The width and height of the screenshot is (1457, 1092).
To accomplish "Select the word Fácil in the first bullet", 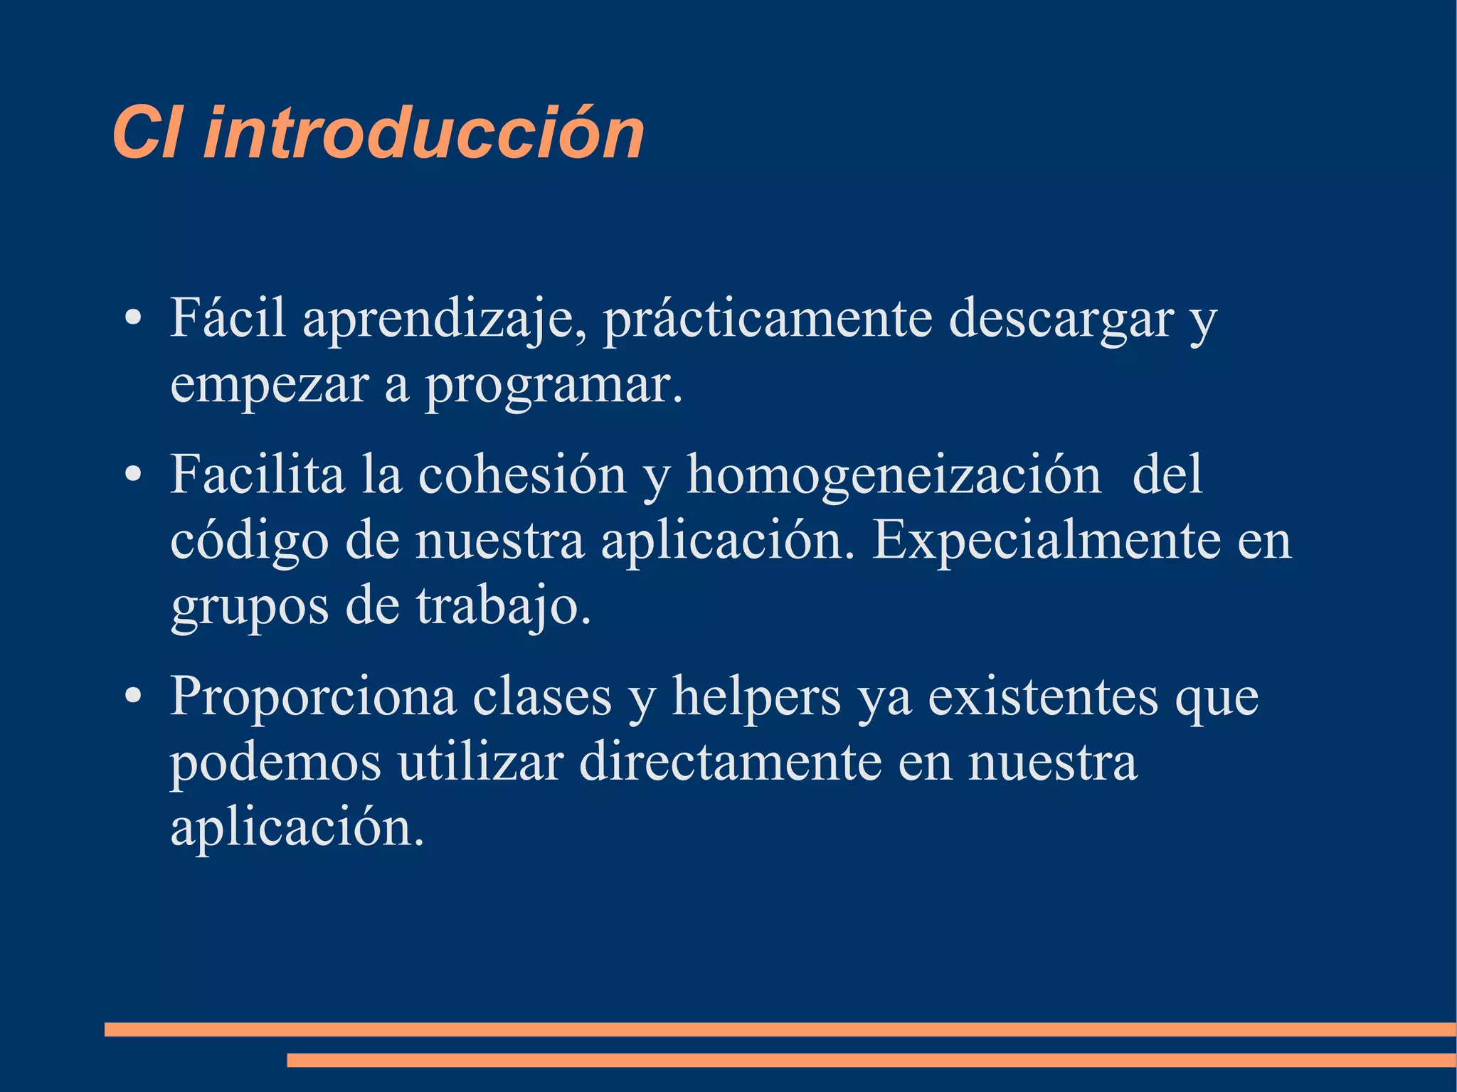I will (x=228, y=317).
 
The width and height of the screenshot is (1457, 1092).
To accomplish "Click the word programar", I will (x=553, y=386).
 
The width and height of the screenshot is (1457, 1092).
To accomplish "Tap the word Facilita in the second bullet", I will (x=257, y=475).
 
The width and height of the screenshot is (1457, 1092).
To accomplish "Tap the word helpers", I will (x=756, y=697).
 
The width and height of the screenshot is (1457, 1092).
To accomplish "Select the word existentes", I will (x=1043, y=696).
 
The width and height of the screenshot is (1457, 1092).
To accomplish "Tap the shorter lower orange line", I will (x=871, y=1060).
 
